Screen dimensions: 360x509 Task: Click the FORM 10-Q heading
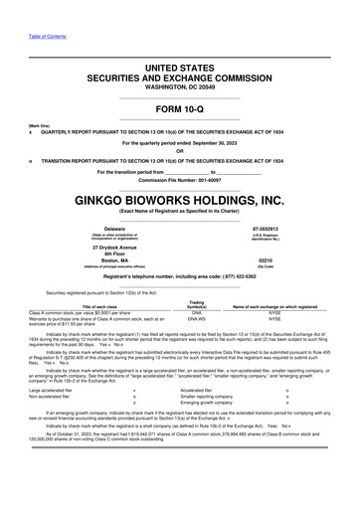[180, 108]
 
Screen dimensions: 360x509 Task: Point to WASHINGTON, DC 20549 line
[180, 87]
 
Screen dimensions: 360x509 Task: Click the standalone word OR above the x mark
[180, 152]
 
